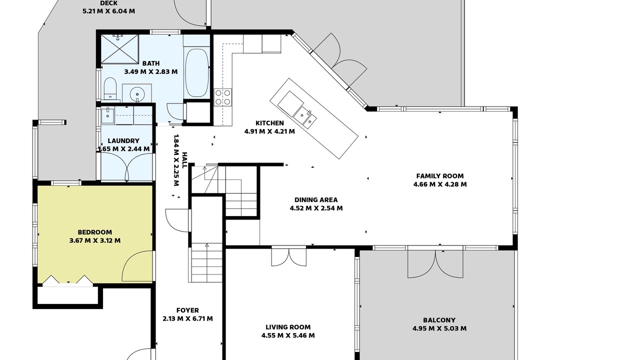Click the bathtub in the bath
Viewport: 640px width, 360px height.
197,73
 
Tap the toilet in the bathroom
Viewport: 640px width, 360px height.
110,88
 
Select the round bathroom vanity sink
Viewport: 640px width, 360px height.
137,93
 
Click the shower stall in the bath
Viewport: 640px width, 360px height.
119,48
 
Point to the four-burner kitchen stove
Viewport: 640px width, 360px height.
223,97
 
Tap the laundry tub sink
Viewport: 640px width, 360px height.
107,115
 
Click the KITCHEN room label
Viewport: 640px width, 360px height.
269,123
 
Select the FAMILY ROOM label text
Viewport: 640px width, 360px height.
440,176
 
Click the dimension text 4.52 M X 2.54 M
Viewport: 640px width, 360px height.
316,208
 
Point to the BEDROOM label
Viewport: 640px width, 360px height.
95,232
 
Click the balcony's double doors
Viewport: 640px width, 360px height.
435,263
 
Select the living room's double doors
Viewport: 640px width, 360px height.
289,256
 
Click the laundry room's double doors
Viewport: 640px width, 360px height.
127,165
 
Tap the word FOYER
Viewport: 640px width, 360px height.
187,310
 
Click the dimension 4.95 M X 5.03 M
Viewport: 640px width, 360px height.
439,328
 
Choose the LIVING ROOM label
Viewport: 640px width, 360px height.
288,327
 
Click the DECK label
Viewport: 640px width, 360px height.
109,3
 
